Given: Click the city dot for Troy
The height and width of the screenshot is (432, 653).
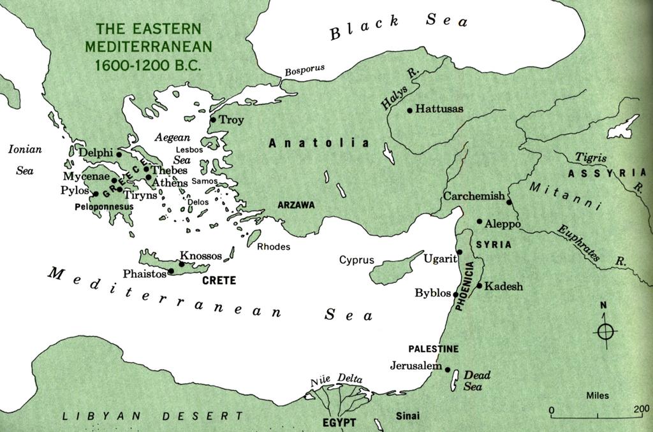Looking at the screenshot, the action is pos(213,119).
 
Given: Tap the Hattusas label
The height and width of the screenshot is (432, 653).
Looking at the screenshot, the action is pos(439,109).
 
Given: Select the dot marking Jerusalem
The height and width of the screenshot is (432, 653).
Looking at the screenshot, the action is pos(448,370).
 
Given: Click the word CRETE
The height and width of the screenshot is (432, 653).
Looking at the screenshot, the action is pos(219,280).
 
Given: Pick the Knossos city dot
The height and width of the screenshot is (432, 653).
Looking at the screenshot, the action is pos(182,264).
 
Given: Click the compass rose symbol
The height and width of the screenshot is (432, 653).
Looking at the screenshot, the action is pos(605,331).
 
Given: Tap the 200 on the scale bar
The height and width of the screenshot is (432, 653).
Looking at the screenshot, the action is pos(641,410).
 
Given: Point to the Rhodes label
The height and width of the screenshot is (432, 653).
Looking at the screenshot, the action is pos(274,247).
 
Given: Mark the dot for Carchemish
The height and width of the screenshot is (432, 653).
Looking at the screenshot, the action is pos(509,202).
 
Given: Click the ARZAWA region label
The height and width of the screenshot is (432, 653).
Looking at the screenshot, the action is pos(297,205).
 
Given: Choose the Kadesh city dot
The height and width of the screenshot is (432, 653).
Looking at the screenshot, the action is pos(480,285).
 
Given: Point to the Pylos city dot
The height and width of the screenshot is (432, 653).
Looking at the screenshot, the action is pos(96,194).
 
